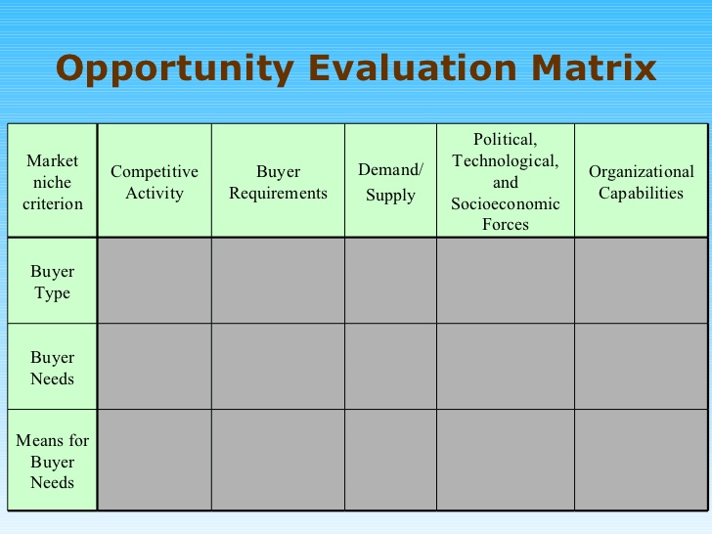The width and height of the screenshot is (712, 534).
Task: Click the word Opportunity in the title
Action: pos(175,69)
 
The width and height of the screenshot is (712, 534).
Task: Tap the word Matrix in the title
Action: pos(594,68)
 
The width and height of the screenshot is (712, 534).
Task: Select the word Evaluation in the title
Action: pos(413,68)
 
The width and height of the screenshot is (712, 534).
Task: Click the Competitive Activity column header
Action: pos(155,182)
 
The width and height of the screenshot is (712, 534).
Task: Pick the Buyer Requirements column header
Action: pos(278,182)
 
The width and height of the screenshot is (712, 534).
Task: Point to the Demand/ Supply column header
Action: pos(390,182)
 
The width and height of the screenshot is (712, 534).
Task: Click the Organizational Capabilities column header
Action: pos(642,182)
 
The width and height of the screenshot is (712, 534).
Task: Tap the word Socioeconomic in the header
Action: pos(506,203)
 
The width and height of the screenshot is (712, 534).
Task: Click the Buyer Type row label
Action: pos(52,282)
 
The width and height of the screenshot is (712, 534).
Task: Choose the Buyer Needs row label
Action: pos(52,368)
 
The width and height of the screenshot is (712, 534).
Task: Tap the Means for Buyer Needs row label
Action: pos(52,461)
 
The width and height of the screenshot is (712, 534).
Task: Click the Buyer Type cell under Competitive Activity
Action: pos(155,281)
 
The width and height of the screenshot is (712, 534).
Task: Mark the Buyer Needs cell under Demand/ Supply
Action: pos(390,367)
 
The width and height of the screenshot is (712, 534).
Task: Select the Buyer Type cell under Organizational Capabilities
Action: pos(641,281)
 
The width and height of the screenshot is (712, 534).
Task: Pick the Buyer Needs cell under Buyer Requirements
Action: pos(278,367)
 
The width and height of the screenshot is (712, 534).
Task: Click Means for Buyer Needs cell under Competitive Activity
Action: pos(155,460)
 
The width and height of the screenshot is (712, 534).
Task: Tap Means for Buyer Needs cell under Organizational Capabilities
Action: pos(641,460)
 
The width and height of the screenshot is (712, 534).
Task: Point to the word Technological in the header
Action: pos(506,161)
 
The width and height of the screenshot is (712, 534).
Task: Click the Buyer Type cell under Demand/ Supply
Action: pos(390,281)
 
